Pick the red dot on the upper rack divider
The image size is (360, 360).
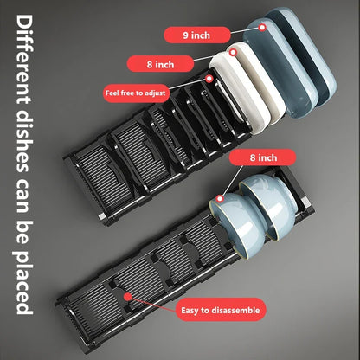209,79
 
